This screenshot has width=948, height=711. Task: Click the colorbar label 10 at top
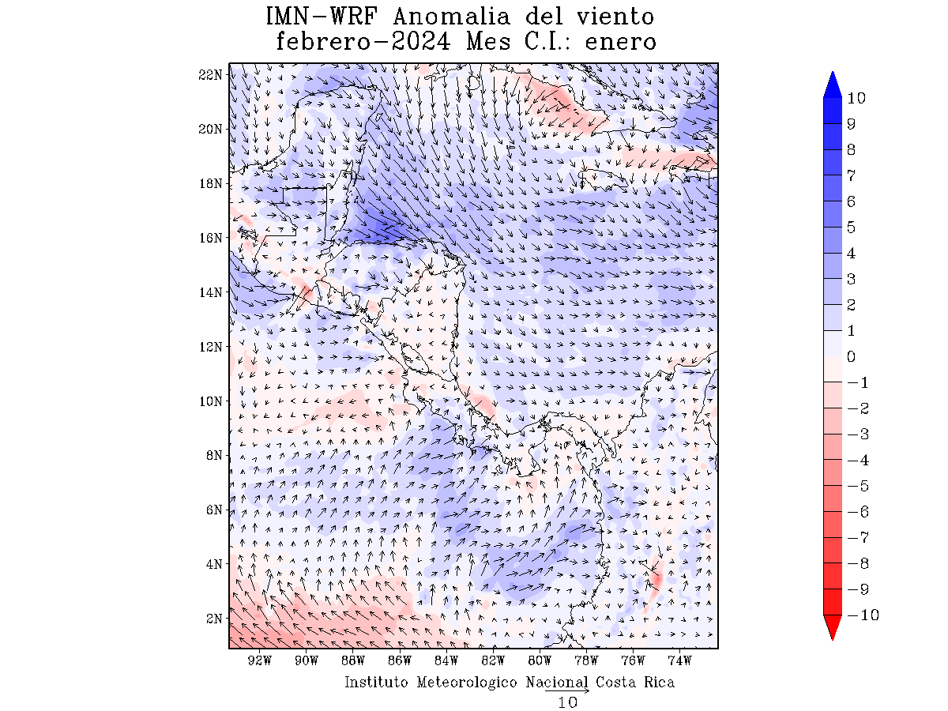856,99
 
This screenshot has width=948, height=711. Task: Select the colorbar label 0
851,357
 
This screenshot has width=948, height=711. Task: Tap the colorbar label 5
851,228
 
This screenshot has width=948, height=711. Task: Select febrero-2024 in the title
363,41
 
